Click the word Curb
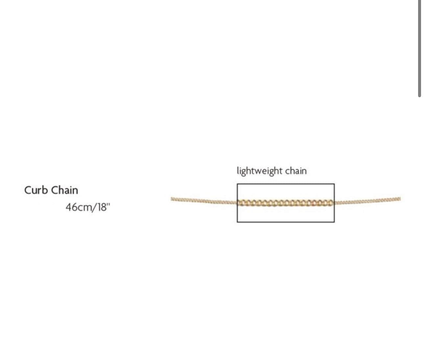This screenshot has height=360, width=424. tap(36, 190)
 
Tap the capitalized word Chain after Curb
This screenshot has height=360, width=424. tap(65, 190)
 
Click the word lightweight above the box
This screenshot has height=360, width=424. tap(260, 171)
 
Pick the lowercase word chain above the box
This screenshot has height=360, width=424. tap(296, 171)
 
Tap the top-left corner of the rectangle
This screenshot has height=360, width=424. tap(237, 184)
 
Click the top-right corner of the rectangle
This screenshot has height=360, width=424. tap(334, 184)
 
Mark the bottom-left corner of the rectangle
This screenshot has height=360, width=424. tap(237, 222)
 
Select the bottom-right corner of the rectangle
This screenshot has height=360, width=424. tap(334, 222)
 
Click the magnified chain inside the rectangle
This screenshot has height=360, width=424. tap(286, 203)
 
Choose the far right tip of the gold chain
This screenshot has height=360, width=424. tap(400, 199)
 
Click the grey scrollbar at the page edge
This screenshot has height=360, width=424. tap(419, 49)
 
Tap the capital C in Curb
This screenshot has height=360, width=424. tap(28, 190)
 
